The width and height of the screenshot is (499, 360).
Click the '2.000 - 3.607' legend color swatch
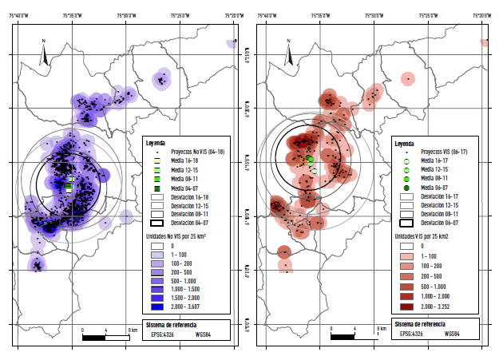click(157, 306)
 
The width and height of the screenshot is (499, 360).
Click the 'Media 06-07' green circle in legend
click(406, 188)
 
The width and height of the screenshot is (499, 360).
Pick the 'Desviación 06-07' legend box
click(406, 224)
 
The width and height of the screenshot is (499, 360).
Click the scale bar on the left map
click(105, 337)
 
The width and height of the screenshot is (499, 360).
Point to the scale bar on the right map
click(353, 337)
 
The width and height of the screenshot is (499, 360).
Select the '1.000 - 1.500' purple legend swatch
click(157, 287)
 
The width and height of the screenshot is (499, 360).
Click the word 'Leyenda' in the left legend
click(156, 142)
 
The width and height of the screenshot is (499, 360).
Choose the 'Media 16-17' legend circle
click(406, 160)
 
